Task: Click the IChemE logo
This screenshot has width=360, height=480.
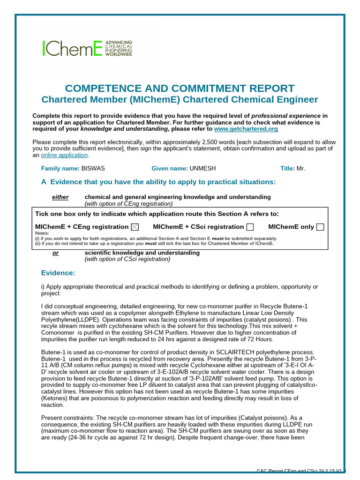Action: (x=87, y=48)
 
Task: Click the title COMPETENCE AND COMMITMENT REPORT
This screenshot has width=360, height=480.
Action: (x=180, y=88)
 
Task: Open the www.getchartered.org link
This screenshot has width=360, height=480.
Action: (x=246, y=129)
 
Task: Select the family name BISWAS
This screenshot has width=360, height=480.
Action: (x=94, y=168)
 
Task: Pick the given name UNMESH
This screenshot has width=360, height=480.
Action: (x=202, y=168)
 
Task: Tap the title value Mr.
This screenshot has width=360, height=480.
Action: (x=301, y=168)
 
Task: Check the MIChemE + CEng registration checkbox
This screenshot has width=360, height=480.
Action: (x=135, y=227)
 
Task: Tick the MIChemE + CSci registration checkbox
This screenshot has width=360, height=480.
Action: (x=250, y=227)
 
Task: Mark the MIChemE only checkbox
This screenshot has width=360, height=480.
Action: (x=320, y=227)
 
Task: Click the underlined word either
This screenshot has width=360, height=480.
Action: (x=60, y=197)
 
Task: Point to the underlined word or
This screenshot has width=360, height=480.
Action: (x=55, y=253)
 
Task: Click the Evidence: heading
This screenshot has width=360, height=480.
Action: (x=58, y=273)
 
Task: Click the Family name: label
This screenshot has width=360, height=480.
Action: (x=60, y=168)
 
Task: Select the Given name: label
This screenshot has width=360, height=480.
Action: (x=169, y=168)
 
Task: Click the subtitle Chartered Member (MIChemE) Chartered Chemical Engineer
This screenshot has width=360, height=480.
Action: (x=180, y=99)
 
